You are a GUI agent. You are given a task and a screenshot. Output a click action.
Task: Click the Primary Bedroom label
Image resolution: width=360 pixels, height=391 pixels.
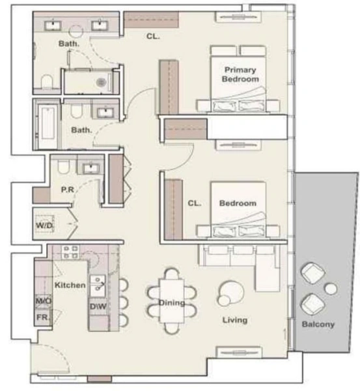(240, 74)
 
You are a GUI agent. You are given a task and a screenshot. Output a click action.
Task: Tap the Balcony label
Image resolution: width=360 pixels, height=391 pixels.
(318, 324)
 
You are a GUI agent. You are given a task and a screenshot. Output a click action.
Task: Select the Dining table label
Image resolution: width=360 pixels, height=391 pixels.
(172, 303)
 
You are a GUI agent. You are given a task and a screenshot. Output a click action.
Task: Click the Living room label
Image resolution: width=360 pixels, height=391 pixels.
(235, 320)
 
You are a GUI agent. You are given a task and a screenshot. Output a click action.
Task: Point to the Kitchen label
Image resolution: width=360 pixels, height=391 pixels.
(70, 285)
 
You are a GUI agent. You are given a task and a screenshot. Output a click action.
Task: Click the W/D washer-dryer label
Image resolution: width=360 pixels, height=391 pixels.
(44, 225)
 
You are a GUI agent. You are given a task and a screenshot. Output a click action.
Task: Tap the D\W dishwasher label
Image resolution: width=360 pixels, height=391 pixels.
(98, 306)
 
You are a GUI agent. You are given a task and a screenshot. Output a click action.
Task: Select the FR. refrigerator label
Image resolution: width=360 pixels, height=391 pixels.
(43, 317)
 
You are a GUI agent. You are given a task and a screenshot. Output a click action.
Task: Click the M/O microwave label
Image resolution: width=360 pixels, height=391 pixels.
(44, 301)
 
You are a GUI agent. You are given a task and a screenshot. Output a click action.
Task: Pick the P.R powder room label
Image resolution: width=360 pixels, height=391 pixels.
(68, 190)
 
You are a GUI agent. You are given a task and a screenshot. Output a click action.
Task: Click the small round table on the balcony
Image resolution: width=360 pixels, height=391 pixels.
(331, 289)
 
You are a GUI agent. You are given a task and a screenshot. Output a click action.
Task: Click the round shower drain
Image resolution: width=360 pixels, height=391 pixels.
(102, 82)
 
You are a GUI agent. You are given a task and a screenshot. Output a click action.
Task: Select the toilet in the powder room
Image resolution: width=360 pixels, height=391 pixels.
(63, 166)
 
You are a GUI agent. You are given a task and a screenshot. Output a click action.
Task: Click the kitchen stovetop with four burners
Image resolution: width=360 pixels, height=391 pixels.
(70, 252)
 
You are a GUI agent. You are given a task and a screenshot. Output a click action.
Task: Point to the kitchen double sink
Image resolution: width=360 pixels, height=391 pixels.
(98, 286)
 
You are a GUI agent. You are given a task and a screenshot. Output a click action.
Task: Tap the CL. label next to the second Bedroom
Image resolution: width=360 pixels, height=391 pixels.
(195, 203)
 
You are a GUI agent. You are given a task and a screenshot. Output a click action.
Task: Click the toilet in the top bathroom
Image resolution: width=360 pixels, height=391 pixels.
(47, 81)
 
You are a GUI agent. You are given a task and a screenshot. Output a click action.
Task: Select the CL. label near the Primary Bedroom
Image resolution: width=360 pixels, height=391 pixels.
(153, 36)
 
